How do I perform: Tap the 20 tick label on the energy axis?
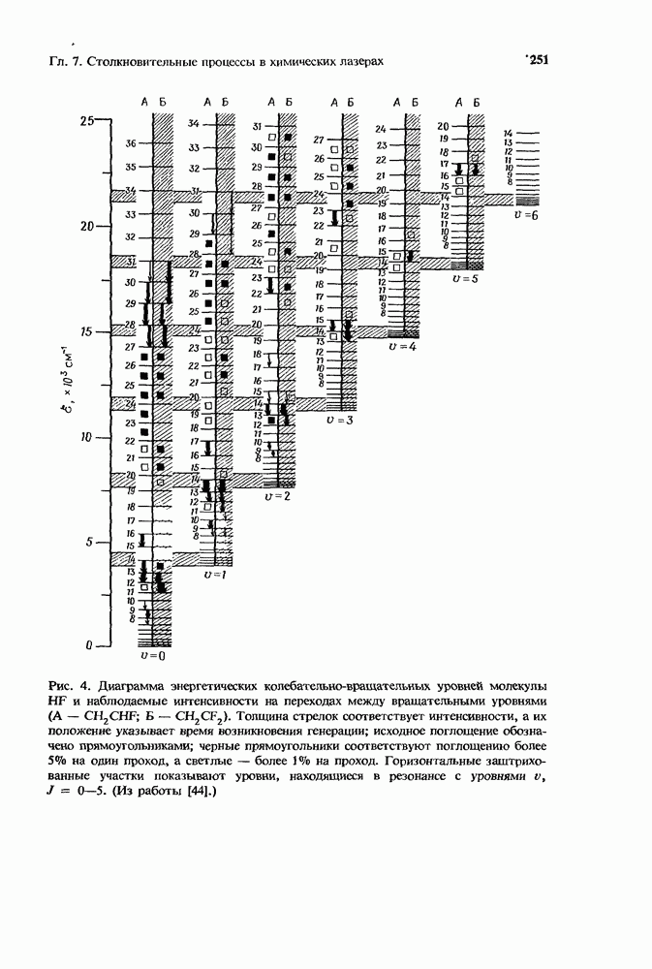89,226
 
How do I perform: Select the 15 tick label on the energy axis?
89,331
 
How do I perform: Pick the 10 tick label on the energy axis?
89,437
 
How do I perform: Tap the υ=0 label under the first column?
152,656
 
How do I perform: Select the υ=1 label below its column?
215,575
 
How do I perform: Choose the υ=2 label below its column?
277,495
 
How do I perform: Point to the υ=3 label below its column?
340,421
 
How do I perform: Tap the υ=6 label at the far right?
524,214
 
